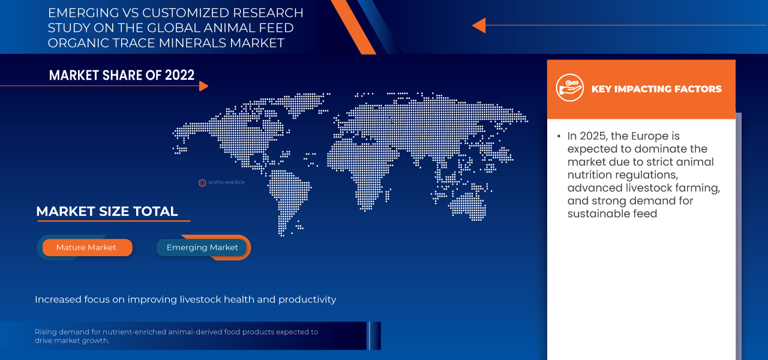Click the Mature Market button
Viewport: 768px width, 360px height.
pyautogui.click(x=86, y=247)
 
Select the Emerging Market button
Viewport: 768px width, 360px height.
pyautogui.click(x=202, y=247)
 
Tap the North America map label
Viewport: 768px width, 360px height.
pyautogui.click(x=226, y=182)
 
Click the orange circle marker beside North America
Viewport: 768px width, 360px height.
pyautogui.click(x=202, y=183)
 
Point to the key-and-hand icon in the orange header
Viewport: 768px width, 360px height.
pyautogui.click(x=569, y=88)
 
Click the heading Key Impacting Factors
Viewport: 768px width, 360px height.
pyautogui.click(x=656, y=89)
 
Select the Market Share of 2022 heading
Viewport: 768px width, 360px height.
pyautogui.click(x=122, y=75)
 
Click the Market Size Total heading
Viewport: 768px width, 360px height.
pyautogui.click(x=107, y=211)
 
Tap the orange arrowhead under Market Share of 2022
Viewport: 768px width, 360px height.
pyautogui.click(x=203, y=86)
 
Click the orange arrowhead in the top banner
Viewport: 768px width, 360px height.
pyautogui.click(x=478, y=25)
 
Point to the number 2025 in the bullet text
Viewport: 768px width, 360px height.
pyautogui.click(x=595, y=136)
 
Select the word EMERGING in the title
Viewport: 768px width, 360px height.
pyautogui.click(x=79, y=13)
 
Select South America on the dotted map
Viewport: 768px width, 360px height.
pyautogui.click(x=288, y=192)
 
